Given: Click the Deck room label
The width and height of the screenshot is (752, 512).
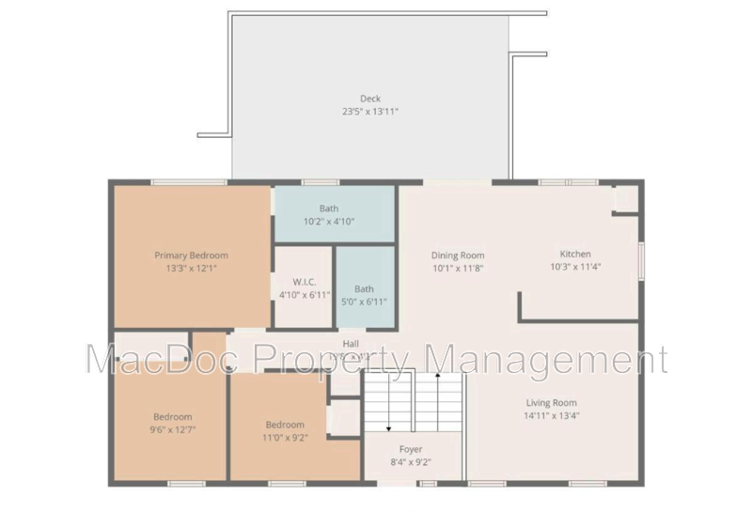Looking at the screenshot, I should [370, 99].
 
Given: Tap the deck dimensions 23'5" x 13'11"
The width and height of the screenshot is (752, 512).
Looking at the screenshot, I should [370, 112].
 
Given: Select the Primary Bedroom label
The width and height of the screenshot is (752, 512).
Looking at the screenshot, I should [192, 255].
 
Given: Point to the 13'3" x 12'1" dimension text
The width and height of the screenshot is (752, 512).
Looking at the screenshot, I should [192, 268].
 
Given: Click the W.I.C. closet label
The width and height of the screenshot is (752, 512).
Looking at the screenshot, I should [302, 282].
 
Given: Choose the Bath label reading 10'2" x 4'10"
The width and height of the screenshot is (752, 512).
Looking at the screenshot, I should [329, 209].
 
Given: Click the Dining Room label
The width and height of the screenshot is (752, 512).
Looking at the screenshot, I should [458, 255].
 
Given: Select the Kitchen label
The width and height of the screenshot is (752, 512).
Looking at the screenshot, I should [575, 254].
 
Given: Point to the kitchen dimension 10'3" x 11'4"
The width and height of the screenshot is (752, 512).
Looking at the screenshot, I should [575, 267].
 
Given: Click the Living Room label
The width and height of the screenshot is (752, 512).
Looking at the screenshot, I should [551, 403].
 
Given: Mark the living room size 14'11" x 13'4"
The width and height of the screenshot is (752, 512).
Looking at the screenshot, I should [551, 416].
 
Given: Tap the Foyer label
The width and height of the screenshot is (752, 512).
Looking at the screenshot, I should [412, 449].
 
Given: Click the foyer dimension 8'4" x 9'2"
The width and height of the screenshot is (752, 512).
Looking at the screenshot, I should [412, 462].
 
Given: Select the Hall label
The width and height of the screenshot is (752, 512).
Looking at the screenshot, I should [351, 344].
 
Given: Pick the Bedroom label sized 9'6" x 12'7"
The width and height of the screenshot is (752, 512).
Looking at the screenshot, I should [173, 417].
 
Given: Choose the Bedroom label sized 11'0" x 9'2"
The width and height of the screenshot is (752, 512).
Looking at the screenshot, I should [284, 424].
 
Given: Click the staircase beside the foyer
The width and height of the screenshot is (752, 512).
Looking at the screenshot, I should [415, 401].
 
